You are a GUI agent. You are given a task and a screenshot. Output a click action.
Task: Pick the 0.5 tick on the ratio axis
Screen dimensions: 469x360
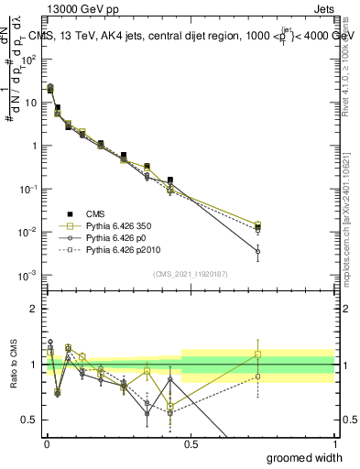31,420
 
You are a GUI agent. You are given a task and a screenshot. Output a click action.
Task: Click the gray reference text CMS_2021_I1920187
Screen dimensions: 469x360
190,274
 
